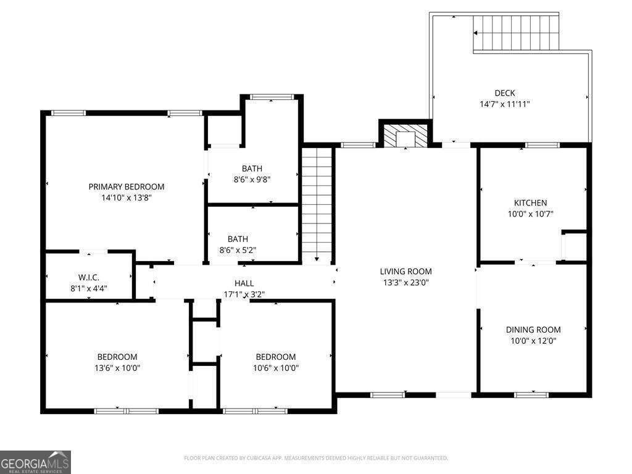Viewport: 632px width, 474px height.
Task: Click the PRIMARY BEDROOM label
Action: [x=126, y=186]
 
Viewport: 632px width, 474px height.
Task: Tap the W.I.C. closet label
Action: [x=89, y=277]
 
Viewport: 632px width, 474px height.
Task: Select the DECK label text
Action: [x=505, y=93]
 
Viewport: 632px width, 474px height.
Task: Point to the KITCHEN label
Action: [x=530, y=202]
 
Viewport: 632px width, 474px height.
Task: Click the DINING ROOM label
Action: [x=533, y=330]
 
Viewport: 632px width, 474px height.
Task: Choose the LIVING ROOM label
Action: [x=406, y=272]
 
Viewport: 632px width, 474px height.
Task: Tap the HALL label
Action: [x=244, y=283]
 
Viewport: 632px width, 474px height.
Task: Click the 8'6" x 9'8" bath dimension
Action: [x=252, y=180]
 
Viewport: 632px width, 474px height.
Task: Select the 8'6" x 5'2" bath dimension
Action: [x=238, y=250]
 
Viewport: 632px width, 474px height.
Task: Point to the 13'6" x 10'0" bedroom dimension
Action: [x=117, y=368]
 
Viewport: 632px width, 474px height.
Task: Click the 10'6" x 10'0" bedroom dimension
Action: [x=276, y=368]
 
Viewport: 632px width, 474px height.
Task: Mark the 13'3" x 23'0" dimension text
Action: [x=406, y=282]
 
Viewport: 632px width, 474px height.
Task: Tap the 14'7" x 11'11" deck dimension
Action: [x=505, y=104]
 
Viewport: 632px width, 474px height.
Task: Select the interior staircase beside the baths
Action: [x=317, y=205]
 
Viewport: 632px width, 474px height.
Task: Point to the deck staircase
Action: [x=516, y=32]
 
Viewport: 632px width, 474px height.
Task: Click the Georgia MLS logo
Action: [x=35, y=462]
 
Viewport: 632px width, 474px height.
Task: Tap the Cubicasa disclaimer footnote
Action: [x=315, y=458]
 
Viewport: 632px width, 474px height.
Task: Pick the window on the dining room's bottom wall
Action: [x=531, y=394]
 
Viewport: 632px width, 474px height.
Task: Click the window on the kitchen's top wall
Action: [x=542, y=145]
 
